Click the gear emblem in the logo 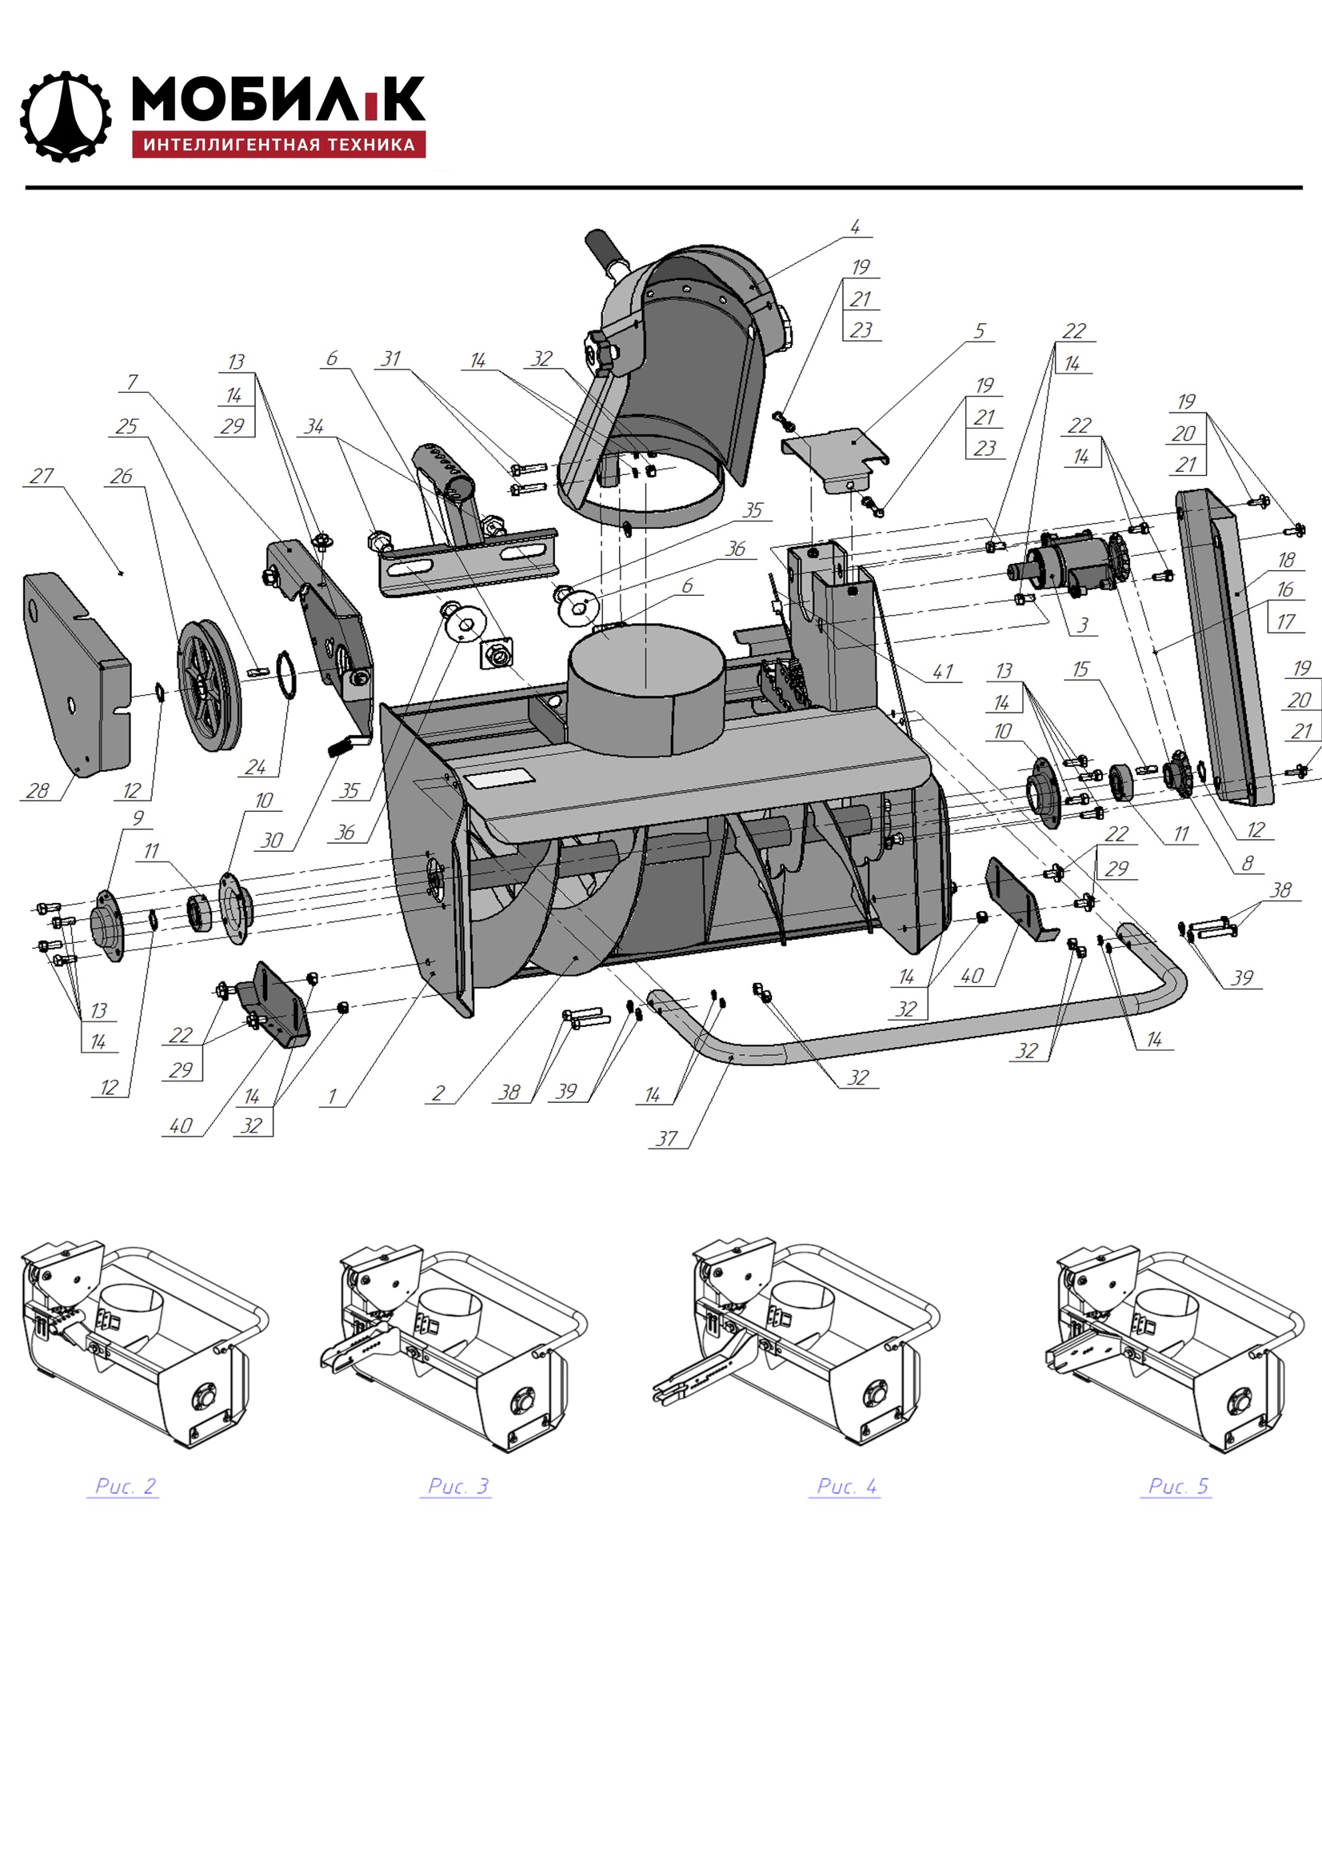click(x=65, y=117)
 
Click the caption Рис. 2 click(x=125, y=1485)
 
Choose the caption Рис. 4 click(x=846, y=1485)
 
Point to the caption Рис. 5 click(x=1178, y=1485)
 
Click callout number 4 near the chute click(x=854, y=226)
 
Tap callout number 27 click(x=42, y=476)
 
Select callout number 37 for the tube click(x=666, y=1138)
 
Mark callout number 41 click(x=942, y=671)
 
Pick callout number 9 click(x=138, y=817)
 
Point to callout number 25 click(x=127, y=426)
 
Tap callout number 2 click(x=438, y=1093)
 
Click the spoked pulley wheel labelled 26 click(x=210, y=685)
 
